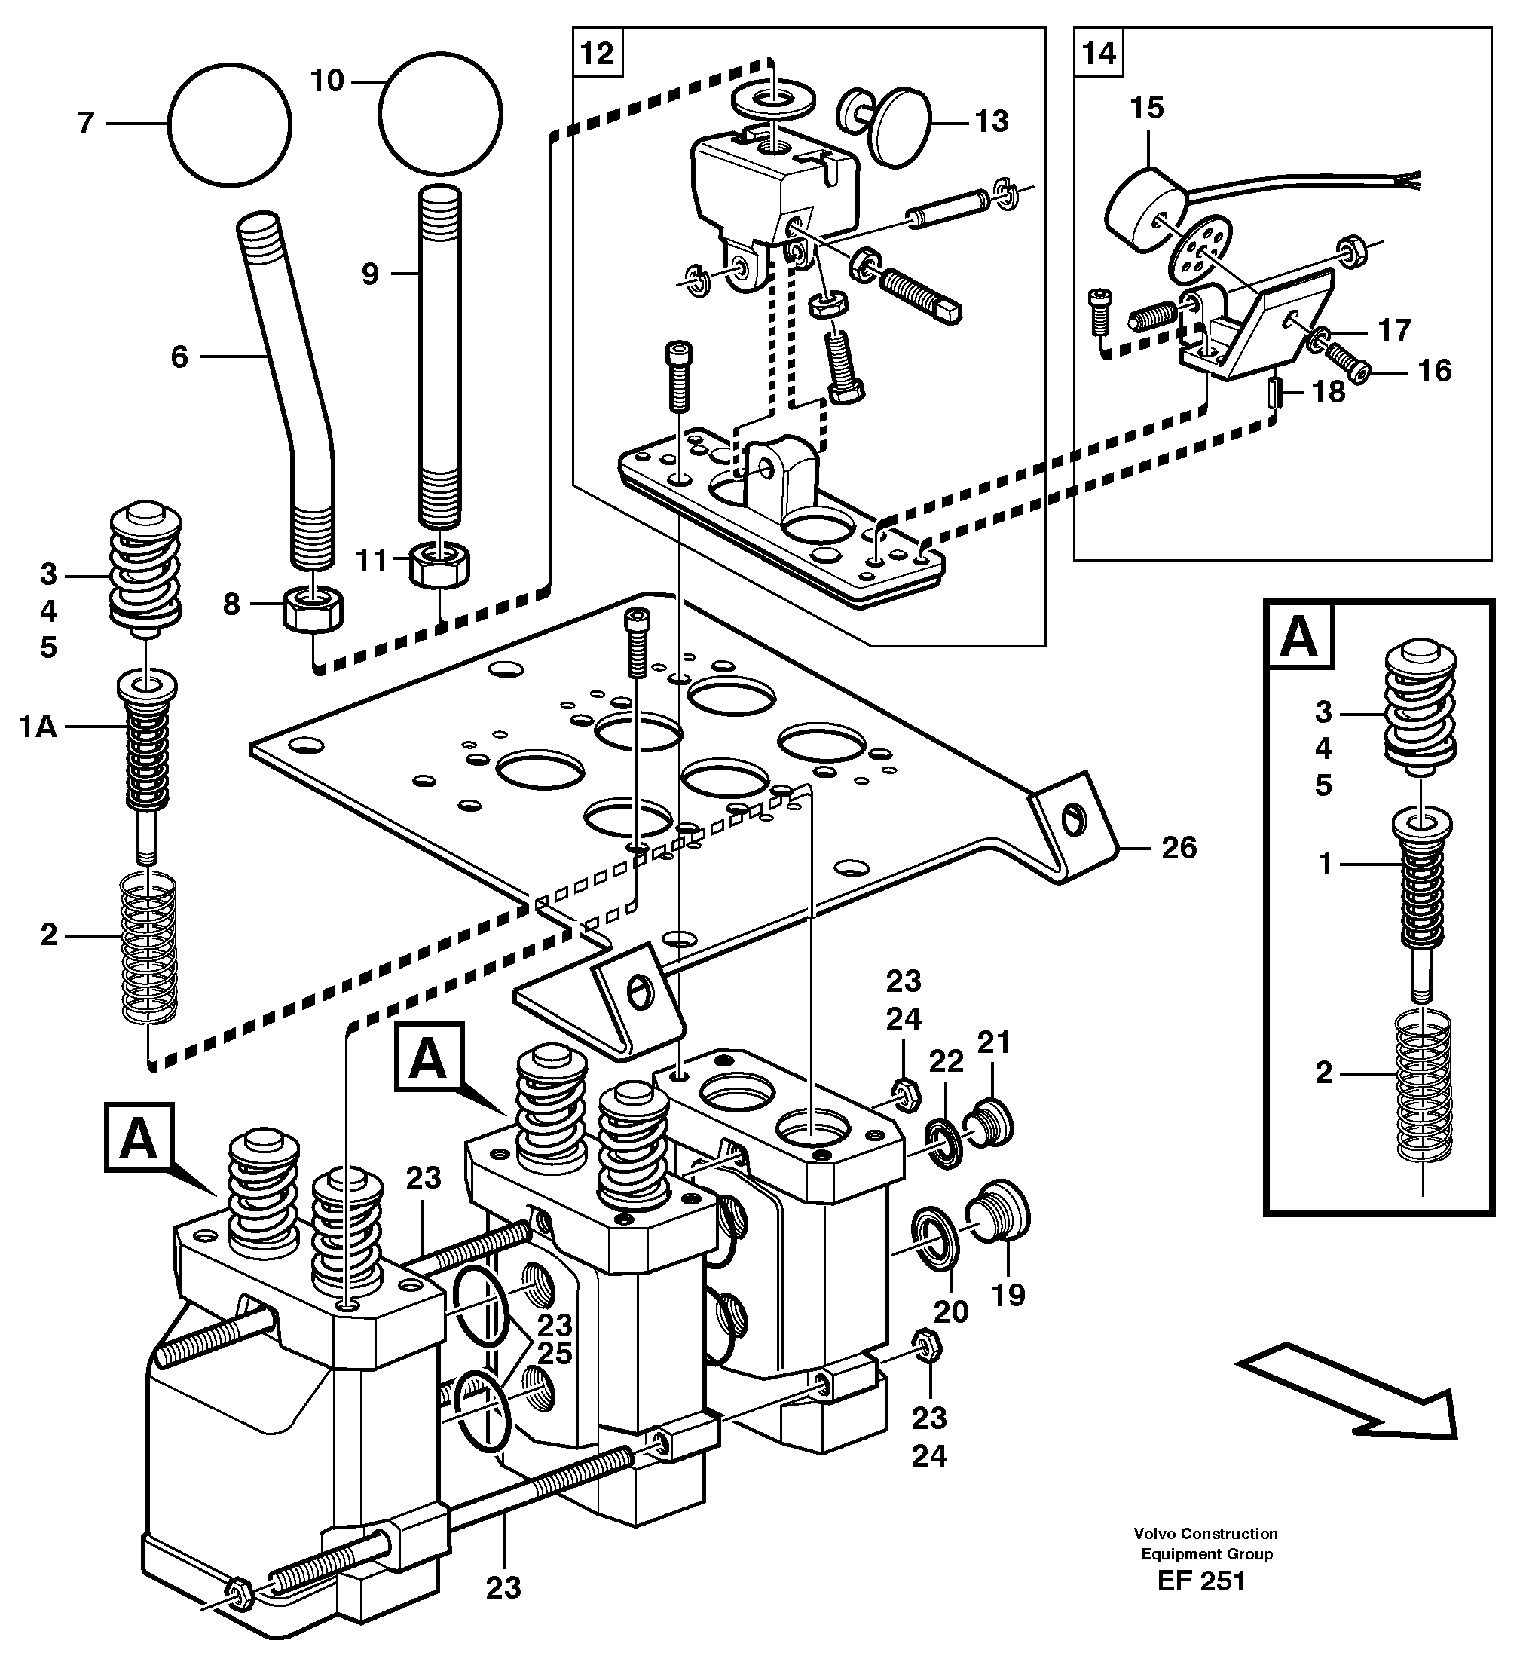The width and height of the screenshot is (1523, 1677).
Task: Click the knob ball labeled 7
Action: click(230, 123)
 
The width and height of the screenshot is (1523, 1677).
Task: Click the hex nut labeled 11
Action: click(440, 565)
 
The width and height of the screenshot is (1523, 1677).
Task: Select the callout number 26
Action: click(1178, 848)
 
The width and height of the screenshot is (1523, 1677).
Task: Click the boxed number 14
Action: click(1098, 54)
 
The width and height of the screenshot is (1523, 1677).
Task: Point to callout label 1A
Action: click(38, 727)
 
